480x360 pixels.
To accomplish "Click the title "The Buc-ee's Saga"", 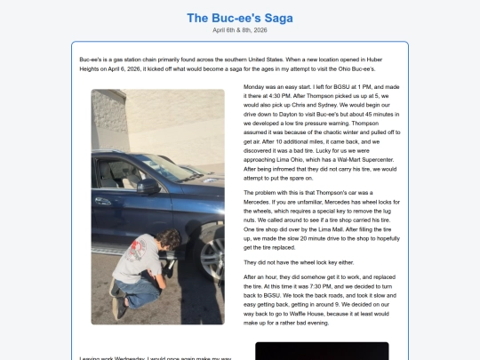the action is point(239,18).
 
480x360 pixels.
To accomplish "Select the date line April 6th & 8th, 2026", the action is point(239,30).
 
